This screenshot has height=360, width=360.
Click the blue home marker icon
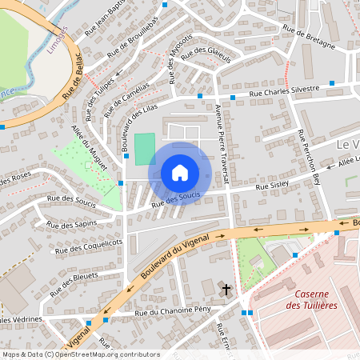(x=180, y=172)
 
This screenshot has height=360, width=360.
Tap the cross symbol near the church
(x=226, y=289)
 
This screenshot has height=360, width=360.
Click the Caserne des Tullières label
(x=311, y=299)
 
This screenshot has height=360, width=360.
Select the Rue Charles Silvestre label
(x=284, y=93)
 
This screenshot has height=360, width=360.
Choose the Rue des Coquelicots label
(x=88, y=246)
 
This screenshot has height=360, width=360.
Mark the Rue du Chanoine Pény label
(x=173, y=310)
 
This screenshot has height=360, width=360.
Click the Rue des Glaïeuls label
(x=206, y=55)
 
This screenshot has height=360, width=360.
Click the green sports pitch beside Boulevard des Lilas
(x=144, y=149)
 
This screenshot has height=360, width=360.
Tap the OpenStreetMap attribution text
(x=81, y=354)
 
